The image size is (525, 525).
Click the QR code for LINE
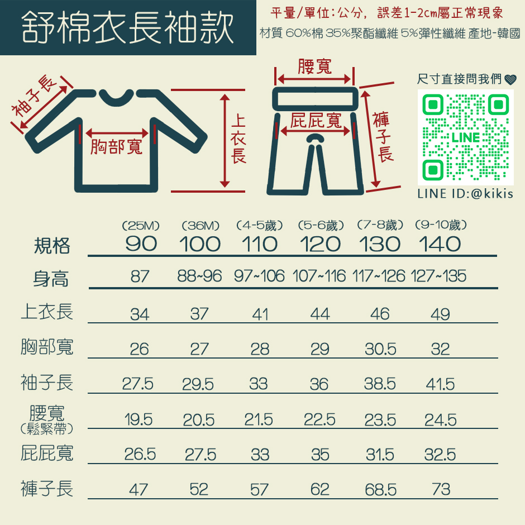[465, 137]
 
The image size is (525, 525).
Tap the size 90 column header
[141, 244]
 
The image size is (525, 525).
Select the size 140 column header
[440, 244]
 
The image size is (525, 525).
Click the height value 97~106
[259, 276]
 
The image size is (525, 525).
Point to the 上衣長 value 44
[320, 314]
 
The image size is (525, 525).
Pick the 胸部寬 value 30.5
[380, 349]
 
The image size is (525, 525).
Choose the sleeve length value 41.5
[440, 384]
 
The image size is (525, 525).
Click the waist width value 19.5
[139, 419]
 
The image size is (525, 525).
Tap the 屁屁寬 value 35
[320, 455]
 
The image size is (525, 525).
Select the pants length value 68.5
[381, 490]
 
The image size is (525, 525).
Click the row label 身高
[51, 279]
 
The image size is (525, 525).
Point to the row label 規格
[52, 246]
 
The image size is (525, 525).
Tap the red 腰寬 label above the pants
[315, 66]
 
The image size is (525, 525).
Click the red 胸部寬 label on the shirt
[117, 147]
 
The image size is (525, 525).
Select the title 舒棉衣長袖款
[127, 27]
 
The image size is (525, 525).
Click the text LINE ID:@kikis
[465, 194]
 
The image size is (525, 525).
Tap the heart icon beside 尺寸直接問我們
[510, 79]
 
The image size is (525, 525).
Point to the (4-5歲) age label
[260, 225]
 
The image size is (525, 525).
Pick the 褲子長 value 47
[139, 490]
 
